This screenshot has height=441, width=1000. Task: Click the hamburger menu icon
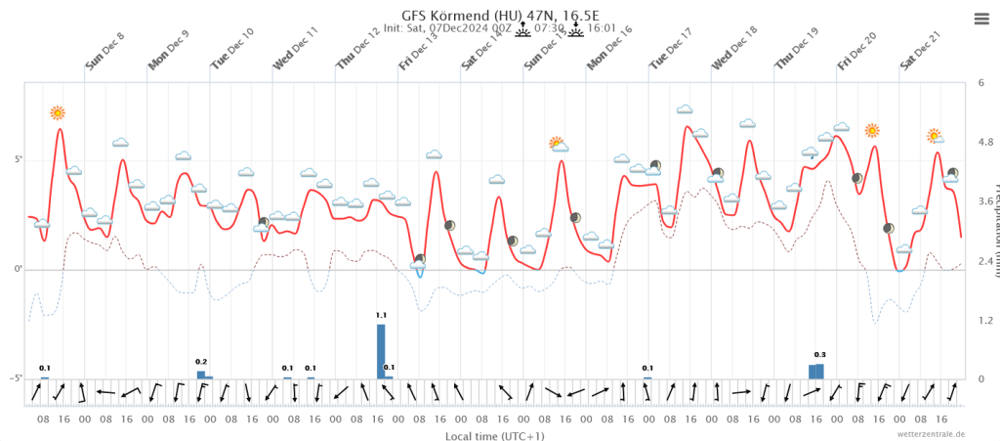981,18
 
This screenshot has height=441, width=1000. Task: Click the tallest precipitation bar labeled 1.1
381,351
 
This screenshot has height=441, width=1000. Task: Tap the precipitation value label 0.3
819,355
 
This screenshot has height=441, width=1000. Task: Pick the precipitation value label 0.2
201,362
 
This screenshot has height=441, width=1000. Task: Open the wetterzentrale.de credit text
933,433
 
